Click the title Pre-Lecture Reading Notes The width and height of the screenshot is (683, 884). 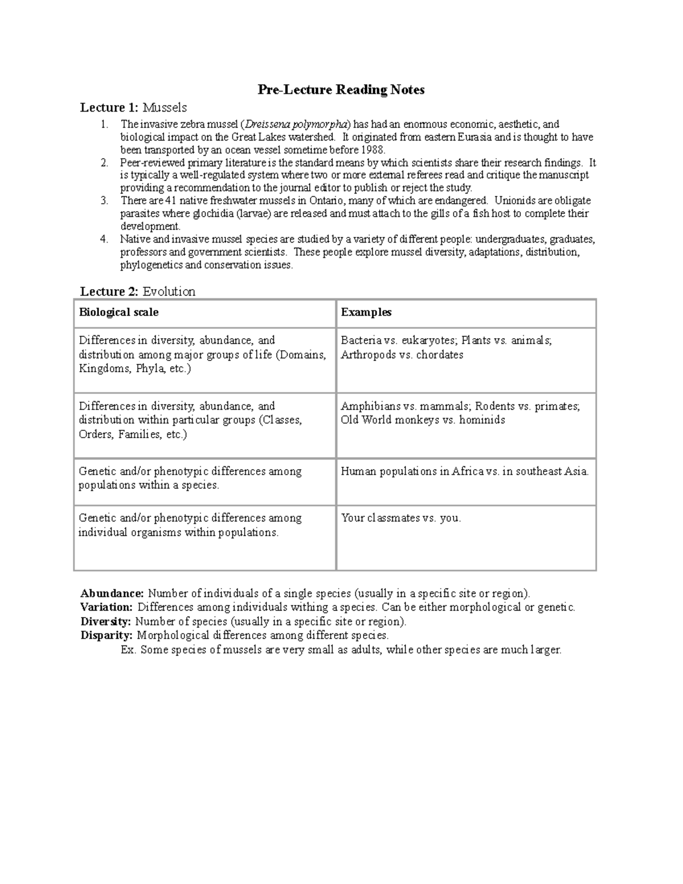tap(341, 90)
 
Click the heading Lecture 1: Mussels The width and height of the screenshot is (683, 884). tap(133, 108)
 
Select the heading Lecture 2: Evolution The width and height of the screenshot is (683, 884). tap(137, 291)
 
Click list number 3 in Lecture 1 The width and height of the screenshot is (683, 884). tap(104, 200)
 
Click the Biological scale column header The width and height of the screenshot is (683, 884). tap(119, 312)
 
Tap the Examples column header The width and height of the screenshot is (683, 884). tap(366, 312)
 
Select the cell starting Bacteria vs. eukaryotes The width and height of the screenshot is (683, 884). tap(446, 347)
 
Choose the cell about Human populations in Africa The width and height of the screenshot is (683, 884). tap(464, 471)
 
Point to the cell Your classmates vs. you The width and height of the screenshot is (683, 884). tap(401, 518)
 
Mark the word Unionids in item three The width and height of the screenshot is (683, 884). tap(515, 200)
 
